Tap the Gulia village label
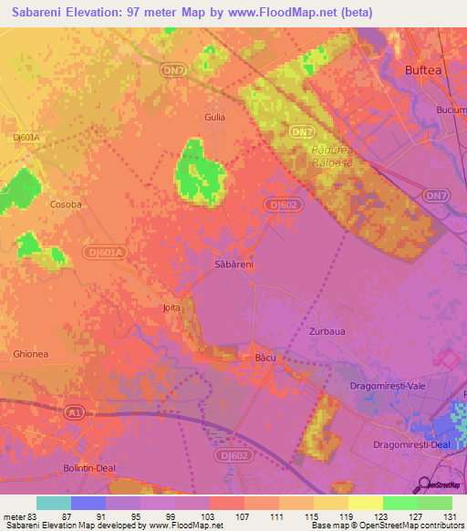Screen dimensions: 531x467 [x=214, y=117]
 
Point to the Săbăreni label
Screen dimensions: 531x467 [x=233, y=264]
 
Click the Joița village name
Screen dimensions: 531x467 [x=171, y=308]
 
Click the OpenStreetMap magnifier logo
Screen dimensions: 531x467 [x=425, y=484]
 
